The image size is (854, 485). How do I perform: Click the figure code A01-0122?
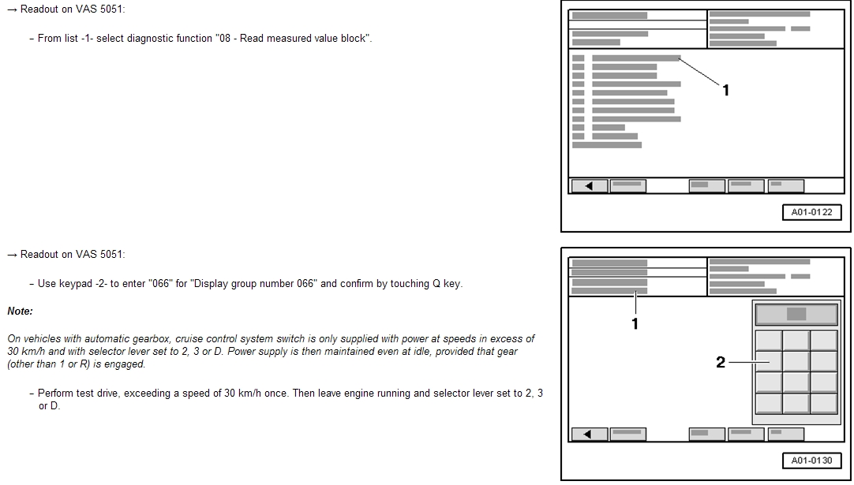(x=811, y=212)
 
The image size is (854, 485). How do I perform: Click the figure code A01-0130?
(x=811, y=461)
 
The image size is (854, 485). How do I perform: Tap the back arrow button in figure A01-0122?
(x=589, y=185)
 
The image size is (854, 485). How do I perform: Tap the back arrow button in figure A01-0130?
(x=589, y=435)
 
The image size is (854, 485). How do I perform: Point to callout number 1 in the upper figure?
(x=725, y=91)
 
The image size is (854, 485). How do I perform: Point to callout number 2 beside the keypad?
(x=721, y=362)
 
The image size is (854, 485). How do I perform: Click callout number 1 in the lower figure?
(x=635, y=324)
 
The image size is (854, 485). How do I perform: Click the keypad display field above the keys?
(x=796, y=314)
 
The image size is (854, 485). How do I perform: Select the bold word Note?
(x=21, y=312)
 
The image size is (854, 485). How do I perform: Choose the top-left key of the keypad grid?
(x=769, y=340)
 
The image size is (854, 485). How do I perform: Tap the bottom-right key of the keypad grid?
(x=824, y=403)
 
